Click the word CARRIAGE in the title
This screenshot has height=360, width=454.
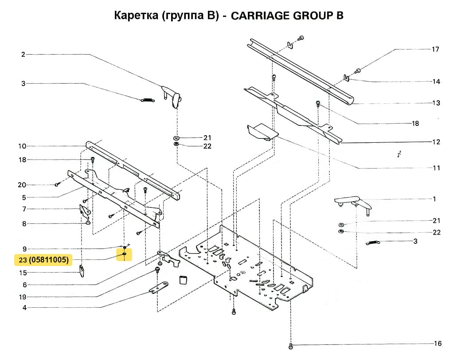pos(259,16)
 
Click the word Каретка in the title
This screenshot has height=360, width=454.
pos(134,16)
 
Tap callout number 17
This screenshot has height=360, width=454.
pos(435,49)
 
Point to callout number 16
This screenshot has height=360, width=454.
pos(438,344)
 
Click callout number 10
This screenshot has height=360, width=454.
pos(22,146)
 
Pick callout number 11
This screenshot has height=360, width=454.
pos(436,168)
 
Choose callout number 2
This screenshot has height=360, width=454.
pos(23,55)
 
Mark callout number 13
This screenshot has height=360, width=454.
pos(436,103)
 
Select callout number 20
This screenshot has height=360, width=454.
pos(22,185)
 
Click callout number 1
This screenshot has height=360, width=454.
pos(434,199)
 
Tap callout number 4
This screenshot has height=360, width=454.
pos(24,308)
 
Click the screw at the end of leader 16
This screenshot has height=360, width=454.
pos(291,345)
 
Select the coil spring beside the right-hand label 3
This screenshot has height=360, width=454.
pos(374,242)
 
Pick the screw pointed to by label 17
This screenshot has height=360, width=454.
pos(357,70)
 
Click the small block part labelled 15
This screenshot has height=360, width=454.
pos(82,270)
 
